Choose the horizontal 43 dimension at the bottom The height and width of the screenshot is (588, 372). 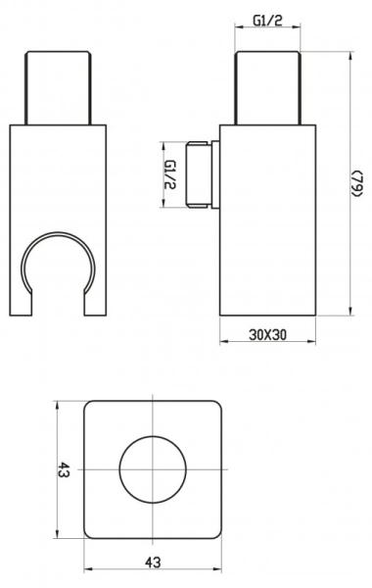tap(153, 562)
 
